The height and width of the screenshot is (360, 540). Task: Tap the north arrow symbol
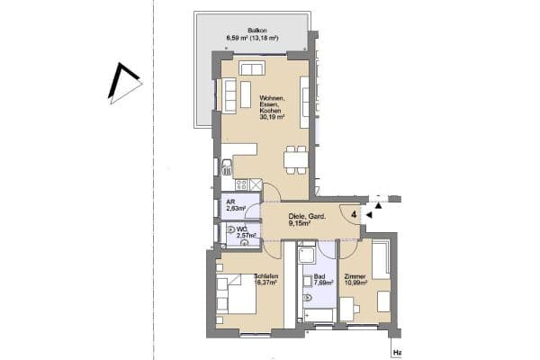point(123,84)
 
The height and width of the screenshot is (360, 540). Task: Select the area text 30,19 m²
point(272,117)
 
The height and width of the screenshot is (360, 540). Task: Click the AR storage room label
point(231,202)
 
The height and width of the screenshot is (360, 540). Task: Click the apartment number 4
point(355,215)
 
